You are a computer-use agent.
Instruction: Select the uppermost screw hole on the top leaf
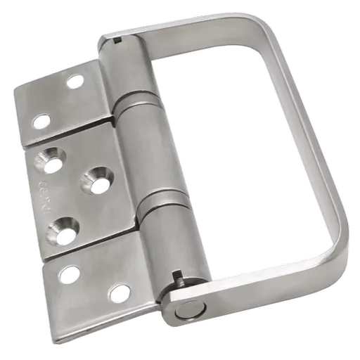[75, 82]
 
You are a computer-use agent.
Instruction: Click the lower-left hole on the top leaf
[42, 121]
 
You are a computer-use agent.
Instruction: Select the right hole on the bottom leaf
[120, 291]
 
